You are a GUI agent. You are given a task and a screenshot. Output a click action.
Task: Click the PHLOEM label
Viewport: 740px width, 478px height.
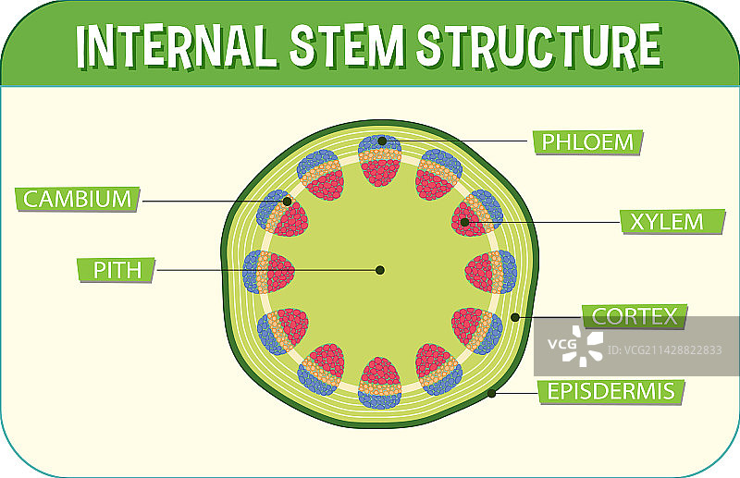click(587, 141)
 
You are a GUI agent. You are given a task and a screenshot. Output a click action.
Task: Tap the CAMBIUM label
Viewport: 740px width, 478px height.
click(77, 198)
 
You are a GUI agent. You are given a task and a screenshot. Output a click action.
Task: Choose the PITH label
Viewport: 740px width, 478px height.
click(114, 270)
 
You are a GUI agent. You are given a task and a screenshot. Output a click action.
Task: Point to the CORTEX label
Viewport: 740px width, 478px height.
click(635, 316)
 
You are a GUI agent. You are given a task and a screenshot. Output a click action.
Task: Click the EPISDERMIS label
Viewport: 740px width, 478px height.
click(610, 391)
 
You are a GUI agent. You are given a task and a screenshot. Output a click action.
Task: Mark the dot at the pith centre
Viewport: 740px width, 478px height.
click(379, 270)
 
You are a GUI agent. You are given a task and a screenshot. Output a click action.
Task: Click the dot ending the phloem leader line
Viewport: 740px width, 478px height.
click(381, 141)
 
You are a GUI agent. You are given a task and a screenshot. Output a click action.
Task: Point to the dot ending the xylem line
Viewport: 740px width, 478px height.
click(465, 222)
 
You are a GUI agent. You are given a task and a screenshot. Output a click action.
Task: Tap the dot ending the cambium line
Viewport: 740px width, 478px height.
click(288, 201)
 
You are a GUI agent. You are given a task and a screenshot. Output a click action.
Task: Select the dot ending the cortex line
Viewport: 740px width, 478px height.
click(515, 317)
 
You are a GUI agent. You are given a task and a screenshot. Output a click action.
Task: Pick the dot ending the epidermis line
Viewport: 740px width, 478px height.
click(492, 393)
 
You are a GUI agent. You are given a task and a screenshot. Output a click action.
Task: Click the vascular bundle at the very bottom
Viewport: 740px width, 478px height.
click(379, 383)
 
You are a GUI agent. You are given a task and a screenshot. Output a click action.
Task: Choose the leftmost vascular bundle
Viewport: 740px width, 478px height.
click(268, 272)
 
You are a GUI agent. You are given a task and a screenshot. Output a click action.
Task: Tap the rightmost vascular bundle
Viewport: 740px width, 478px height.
click(490, 272)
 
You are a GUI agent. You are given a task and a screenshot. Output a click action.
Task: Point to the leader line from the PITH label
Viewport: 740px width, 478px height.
click(259, 270)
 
